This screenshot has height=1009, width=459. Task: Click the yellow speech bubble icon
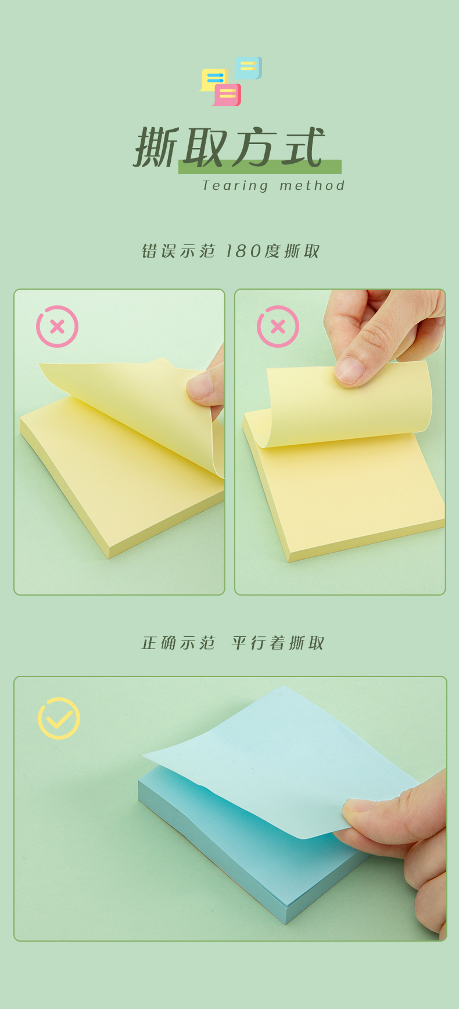pyautogui.click(x=213, y=80)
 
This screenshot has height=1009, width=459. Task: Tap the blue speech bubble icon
pyautogui.click(x=249, y=67)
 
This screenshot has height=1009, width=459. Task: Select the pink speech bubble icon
pyautogui.click(x=227, y=95)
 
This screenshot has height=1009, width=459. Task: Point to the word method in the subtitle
pyautogui.click(x=312, y=186)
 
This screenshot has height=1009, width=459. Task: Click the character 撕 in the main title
pyautogui.click(x=156, y=149)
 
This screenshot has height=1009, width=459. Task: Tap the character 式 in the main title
pyautogui.click(x=303, y=147)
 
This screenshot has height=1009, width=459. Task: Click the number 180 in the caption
pyautogui.click(x=243, y=251)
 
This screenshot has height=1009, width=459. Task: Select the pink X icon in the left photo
pyautogui.click(x=57, y=326)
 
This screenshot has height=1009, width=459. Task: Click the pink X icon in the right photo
pyautogui.click(x=278, y=326)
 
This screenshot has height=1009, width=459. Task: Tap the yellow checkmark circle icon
pyautogui.click(x=59, y=718)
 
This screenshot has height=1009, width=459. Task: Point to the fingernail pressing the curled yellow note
pyautogui.click(x=349, y=370)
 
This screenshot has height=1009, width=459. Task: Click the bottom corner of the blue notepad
pyautogui.click(x=286, y=923)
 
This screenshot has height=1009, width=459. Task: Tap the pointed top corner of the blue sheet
pyautogui.click(x=284, y=686)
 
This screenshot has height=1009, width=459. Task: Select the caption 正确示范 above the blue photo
pyautogui.click(x=178, y=643)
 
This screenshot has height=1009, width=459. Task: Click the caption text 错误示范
pyautogui.click(x=178, y=251)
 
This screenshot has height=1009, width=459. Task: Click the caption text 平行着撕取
pyautogui.click(x=278, y=643)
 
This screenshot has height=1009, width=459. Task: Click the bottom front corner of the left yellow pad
pyautogui.click(x=109, y=558)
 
